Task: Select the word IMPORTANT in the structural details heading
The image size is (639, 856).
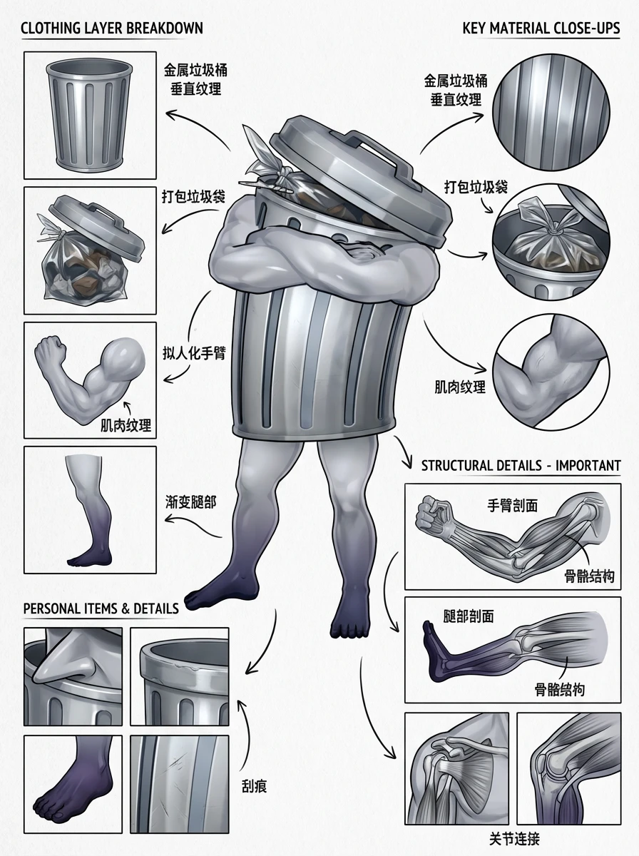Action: [588, 466]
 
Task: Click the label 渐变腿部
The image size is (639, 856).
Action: [190, 502]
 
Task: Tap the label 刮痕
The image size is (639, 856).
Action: [254, 787]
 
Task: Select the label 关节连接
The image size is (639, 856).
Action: [514, 838]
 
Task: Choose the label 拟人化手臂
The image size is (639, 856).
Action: [194, 354]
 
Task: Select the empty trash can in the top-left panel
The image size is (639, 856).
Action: [90, 115]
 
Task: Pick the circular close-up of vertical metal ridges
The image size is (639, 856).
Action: [551, 112]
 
